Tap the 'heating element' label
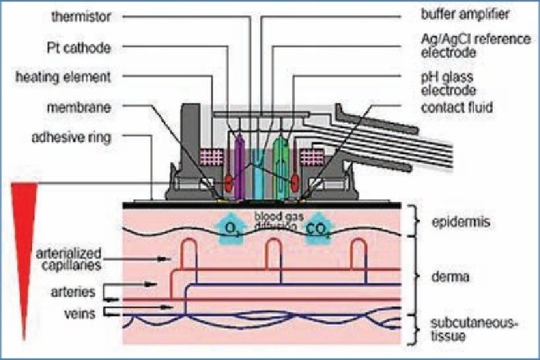click(64, 77)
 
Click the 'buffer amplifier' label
click(465, 13)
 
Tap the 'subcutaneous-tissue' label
click(464, 329)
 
